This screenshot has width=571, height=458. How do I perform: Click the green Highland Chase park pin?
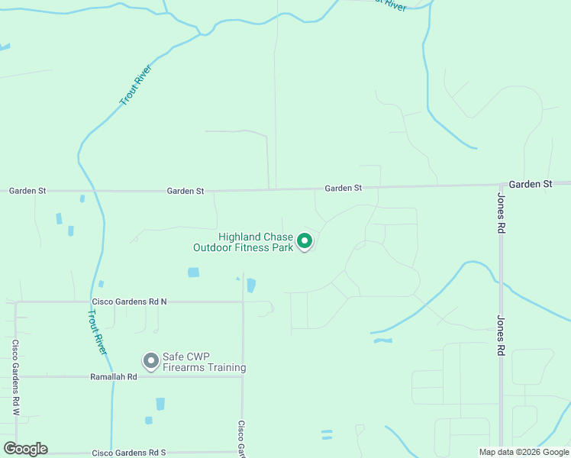305,242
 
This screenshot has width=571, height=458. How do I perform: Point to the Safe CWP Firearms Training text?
204,363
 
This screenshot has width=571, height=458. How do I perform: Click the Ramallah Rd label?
113,376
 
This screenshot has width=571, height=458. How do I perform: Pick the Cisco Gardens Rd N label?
129,302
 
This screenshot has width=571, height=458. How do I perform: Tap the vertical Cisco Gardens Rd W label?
15,378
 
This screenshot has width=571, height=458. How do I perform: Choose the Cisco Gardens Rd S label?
129,453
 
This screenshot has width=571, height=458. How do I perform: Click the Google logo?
25,449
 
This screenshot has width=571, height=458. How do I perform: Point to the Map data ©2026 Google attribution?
524,452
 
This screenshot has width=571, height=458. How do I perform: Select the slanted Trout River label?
136,85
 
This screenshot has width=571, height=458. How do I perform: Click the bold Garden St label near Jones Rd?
530,184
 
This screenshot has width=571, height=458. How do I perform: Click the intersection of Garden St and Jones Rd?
501,185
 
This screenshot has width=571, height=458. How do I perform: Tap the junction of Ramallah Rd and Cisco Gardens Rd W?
15,376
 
